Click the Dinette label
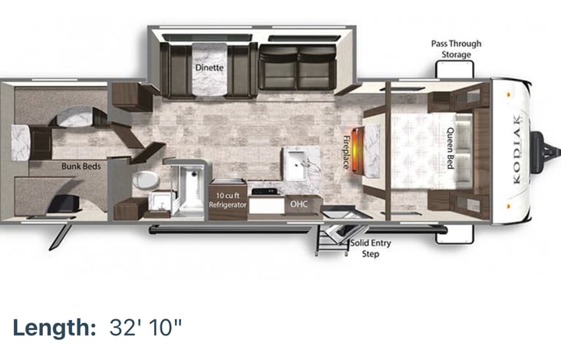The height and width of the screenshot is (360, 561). [209, 68]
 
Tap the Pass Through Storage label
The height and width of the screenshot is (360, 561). [456, 49]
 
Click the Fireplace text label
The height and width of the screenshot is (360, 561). [346, 152]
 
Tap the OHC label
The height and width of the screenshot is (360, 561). [297, 205]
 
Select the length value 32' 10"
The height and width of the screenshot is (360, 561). [146, 328]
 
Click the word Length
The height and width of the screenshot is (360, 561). [51, 328]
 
